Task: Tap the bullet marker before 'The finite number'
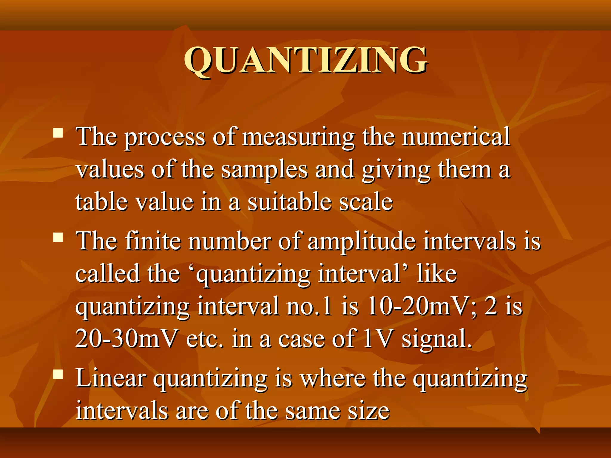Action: click(58, 237)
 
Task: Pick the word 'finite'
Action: click(153, 241)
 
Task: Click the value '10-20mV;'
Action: click(422, 307)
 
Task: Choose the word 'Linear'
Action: click(111, 379)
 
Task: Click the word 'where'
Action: click(333, 379)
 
